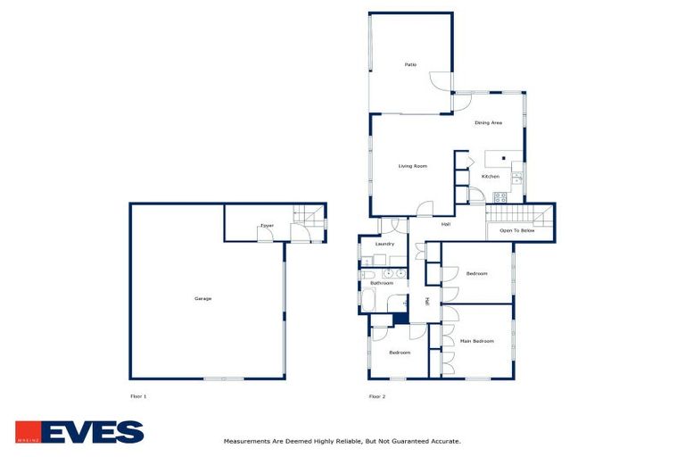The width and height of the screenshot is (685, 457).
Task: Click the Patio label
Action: click(410, 64)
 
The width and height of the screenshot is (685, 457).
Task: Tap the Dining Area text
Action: click(488, 122)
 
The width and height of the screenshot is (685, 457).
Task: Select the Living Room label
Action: click(412, 166)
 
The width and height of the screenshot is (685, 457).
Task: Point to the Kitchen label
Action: click(491, 177)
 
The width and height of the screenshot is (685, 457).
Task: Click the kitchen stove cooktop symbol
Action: click(501, 197)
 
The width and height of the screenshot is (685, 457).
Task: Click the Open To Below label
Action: click(517, 230)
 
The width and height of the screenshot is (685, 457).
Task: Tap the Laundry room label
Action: click(384, 244)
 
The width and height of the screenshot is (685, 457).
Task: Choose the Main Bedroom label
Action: click(476, 341)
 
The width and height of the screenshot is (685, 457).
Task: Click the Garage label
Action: click(203, 298)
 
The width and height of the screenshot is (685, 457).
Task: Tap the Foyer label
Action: click(267, 226)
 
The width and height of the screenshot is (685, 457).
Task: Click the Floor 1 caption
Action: click(138, 395)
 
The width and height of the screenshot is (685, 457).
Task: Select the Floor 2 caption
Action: click(377, 395)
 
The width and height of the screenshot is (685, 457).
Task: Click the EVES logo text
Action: click(93, 432)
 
